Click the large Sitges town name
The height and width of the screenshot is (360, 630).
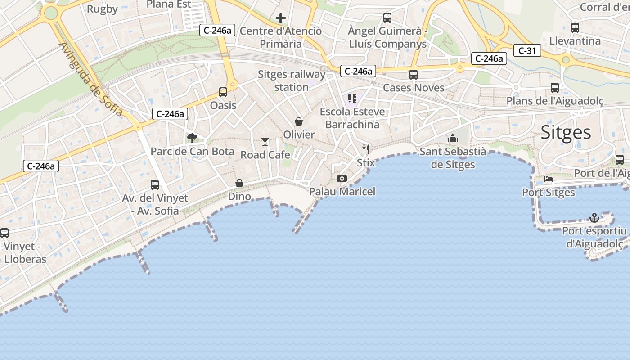tap(566, 132)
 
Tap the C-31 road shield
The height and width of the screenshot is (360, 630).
tap(527, 51)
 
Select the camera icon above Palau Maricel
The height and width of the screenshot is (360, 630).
tap(342, 179)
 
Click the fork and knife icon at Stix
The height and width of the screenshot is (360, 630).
tap(366, 149)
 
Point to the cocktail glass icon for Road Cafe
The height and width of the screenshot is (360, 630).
tap(265, 142)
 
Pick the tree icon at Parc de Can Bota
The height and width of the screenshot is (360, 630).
tap(192, 138)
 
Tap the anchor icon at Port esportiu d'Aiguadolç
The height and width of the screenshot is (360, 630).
tap(594, 218)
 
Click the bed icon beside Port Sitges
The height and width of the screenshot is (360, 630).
tap(549, 179)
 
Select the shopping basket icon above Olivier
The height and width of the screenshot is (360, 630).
tap(299, 121)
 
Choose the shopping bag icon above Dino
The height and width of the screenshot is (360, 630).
tap(239, 183)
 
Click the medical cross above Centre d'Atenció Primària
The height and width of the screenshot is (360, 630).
tap(281, 18)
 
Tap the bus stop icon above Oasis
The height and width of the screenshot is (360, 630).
tap(223, 92)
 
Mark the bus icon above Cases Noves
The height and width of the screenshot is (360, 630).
tap(414, 75)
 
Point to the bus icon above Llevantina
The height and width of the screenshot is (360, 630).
tap(575, 28)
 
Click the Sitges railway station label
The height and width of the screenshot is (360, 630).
tap(292, 81)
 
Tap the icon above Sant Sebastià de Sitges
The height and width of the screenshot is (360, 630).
tap(453, 138)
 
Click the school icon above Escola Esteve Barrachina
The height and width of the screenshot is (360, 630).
tap(352, 99)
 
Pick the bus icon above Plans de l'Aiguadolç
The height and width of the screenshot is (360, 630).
tap(555, 88)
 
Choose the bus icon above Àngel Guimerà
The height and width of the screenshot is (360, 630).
tap(387, 18)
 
